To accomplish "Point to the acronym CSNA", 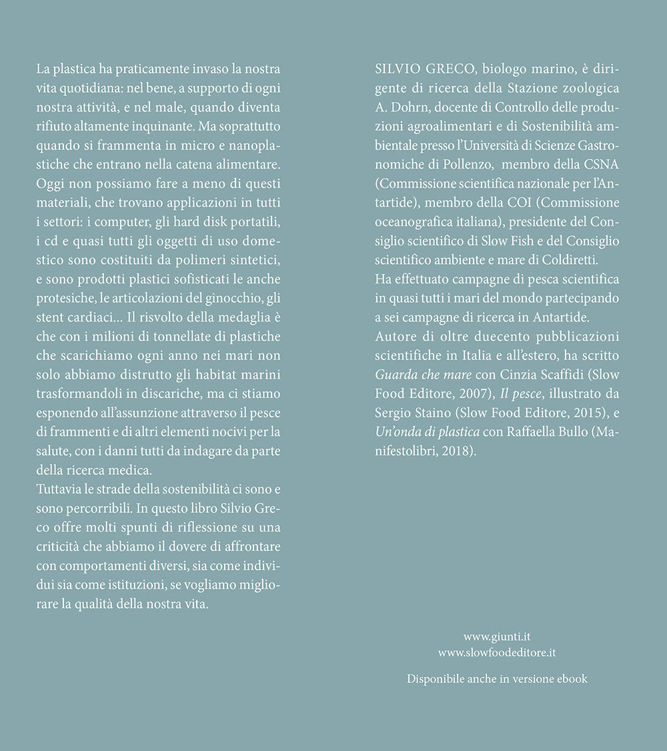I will [603, 165].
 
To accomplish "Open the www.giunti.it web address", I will [497, 637].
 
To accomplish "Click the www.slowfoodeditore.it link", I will [497, 653].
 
